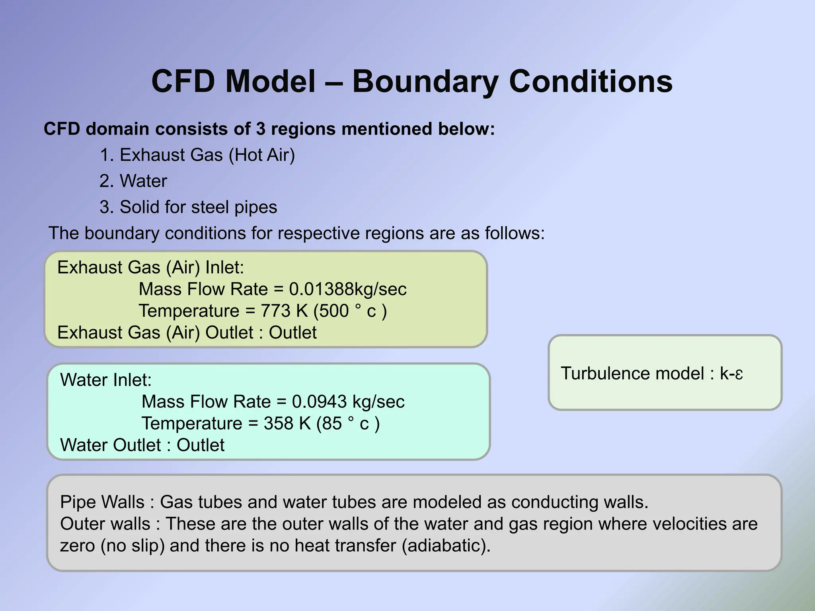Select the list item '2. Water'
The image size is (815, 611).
click(x=133, y=181)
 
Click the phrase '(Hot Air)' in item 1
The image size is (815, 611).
click(x=262, y=155)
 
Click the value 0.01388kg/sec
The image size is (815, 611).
click(x=347, y=289)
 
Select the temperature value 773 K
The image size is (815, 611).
click(x=284, y=311)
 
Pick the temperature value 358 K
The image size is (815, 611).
click(x=287, y=424)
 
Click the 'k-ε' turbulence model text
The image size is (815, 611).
click(x=731, y=374)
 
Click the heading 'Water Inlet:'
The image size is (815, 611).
click(x=106, y=380)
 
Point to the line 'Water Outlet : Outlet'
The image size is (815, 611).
click(x=142, y=445)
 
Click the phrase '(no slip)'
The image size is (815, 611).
click(x=133, y=545)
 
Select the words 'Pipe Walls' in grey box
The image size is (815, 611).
click(x=102, y=502)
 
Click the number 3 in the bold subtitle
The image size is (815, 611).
click(x=261, y=129)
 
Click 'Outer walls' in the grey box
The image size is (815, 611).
click(x=105, y=524)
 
